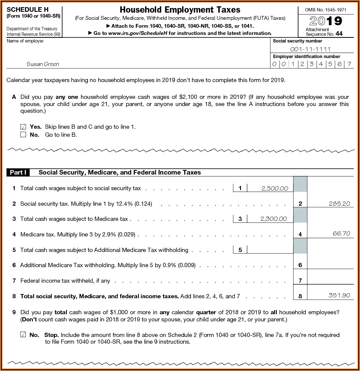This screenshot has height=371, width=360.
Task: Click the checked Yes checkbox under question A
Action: tap(23, 127)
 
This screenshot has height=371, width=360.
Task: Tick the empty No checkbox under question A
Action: tap(23, 135)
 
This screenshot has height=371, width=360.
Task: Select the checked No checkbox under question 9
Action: tap(23, 335)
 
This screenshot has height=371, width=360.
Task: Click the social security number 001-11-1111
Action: tap(313, 49)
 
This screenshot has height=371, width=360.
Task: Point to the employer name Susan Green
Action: tap(43, 64)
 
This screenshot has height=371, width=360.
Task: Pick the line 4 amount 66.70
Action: tap(341, 233)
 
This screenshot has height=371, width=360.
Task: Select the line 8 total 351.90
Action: tap(339, 295)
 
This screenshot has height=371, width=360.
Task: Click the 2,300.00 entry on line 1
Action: tap(275, 188)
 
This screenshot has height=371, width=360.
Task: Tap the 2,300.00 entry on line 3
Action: tap(274, 219)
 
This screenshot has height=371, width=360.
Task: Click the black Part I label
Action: tap(18, 172)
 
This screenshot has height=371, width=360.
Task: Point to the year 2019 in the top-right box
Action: tap(326, 21)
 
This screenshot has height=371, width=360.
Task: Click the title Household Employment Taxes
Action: tap(180, 10)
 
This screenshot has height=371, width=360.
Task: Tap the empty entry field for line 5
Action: tap(270, 249)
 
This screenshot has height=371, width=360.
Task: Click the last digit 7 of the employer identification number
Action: tap(349, 64)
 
